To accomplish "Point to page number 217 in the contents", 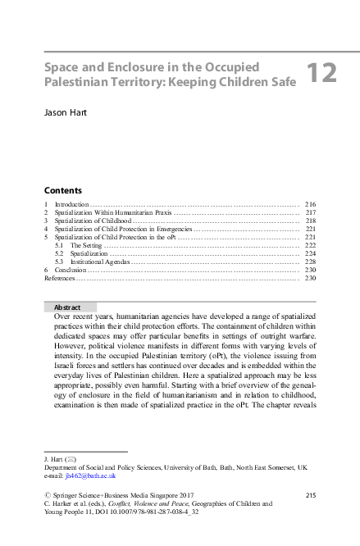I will coord(310,212).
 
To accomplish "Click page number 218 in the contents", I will coord(310,220).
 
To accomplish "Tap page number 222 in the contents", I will coord(310,245).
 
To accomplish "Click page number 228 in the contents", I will coord(310,262).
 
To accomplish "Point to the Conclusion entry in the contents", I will coord(70,270).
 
